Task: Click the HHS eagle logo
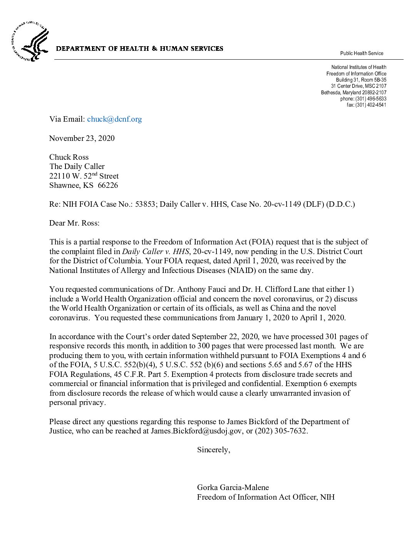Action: coord(30,42)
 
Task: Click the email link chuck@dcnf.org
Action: coord(114,119)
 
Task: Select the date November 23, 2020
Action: coord(82,138)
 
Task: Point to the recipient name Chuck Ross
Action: coord(69,157)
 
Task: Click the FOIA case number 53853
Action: coord(145,204)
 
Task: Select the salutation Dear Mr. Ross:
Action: coord(74,223)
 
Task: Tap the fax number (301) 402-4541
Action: coord(370,105)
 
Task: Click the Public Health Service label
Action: coord(362,53)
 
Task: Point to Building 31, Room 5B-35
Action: coord(361,80)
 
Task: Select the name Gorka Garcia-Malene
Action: coord(233,487)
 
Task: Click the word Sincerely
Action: coord(213,450)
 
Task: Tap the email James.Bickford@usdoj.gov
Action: coord(196,431)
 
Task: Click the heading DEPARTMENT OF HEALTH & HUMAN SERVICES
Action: coord(139,49)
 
